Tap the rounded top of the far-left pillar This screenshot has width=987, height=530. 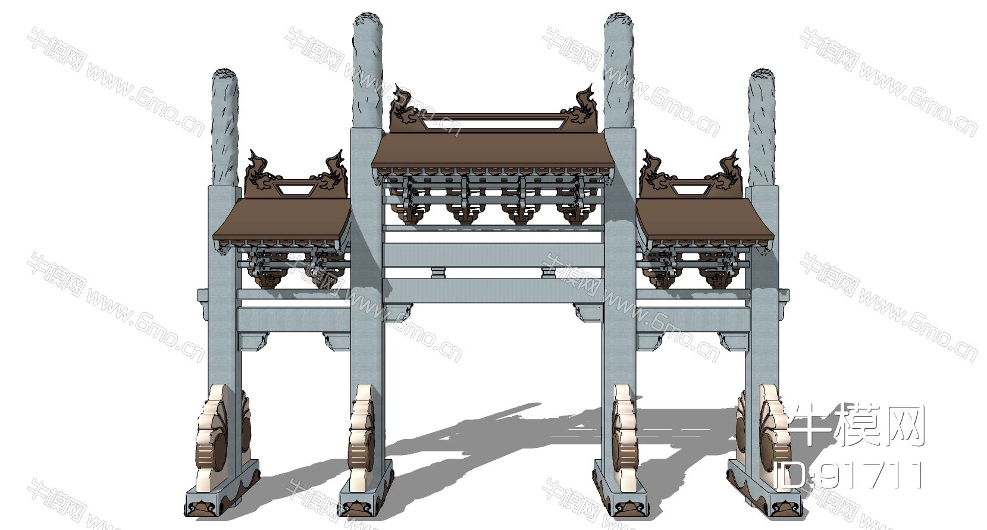click(x=225, y=75)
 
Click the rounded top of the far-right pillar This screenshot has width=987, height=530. click(x=762, y=75)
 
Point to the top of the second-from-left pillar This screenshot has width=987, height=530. click(x=367, y=20)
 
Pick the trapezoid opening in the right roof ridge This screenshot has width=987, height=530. click(x=691, y=190)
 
